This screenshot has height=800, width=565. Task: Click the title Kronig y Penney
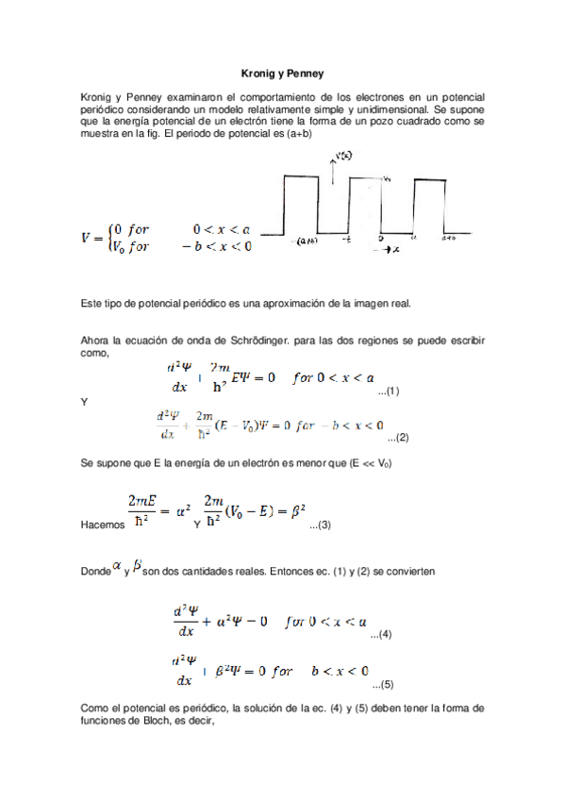(x=282, y=73)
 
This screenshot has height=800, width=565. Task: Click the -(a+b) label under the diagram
(x=305, y=241)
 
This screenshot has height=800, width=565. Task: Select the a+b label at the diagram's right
(x=449, y=239)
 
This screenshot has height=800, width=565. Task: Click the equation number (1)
(x=389, y=391)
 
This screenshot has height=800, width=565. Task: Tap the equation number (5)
(x=382, y=684)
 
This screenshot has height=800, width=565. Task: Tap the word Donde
(x=97, y=573)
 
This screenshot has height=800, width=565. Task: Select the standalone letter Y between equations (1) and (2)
(x=85, y=402)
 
